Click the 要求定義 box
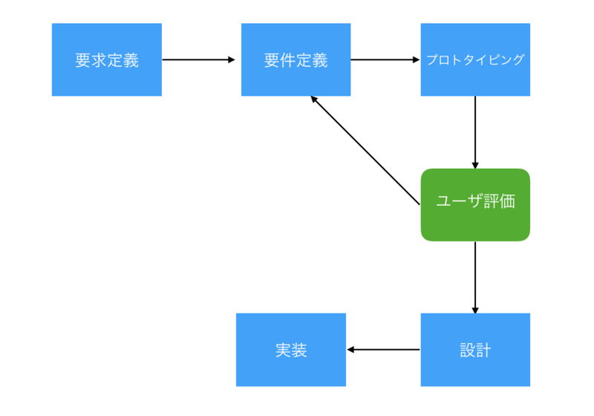(x=106, y=59)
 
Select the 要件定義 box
(x=296, y=59)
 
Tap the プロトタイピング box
(x=475, y=59)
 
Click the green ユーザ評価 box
(x=475, y=204)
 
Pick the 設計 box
(x=475, y=350)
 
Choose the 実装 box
(x=290, y=350)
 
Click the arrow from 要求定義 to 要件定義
(x=197, y=59)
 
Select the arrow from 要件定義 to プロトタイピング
(x=385, y=59)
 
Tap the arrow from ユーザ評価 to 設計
(x=475, y=276)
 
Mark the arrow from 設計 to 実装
(x=383, y=350)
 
